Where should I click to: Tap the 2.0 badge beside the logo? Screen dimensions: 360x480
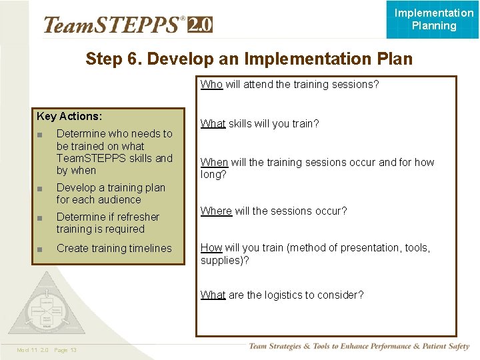pyautogui.click(x=200, y=25)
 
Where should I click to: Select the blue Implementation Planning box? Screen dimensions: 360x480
pyautogui.click(x=433, y=19)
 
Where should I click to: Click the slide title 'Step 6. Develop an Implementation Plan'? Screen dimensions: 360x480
pyautogui.click(x=249, y=59)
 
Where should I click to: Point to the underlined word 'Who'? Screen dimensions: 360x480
pyautogui.click(x=211, y=85)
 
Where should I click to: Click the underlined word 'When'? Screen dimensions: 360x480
pyautogui.click(x=214, y=163)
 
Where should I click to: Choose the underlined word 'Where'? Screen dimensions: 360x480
pyautogui.click(x=216, y=211)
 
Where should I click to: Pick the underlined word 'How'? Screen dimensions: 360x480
pyautogui.click(x=211, y=248)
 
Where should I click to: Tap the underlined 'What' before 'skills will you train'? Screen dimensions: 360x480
pyautogui.click(x=213, y=124)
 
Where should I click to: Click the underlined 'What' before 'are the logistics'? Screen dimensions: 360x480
pyautogui.click(x=213, y=295)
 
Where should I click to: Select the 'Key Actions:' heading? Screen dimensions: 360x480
pyautogui.click(x=69, y=117)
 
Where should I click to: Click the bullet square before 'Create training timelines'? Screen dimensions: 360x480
pyautogui.click(x=41, y=249)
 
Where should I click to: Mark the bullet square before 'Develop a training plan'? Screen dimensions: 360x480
pyautogui.click(x=41, y=189)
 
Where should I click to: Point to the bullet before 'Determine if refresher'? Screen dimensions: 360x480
pyautogui.click(x=41, y=218)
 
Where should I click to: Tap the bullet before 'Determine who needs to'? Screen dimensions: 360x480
pyautogui.click(x=41, y=135)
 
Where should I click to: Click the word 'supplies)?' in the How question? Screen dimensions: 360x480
pyautogui.click(x=225, y=261)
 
